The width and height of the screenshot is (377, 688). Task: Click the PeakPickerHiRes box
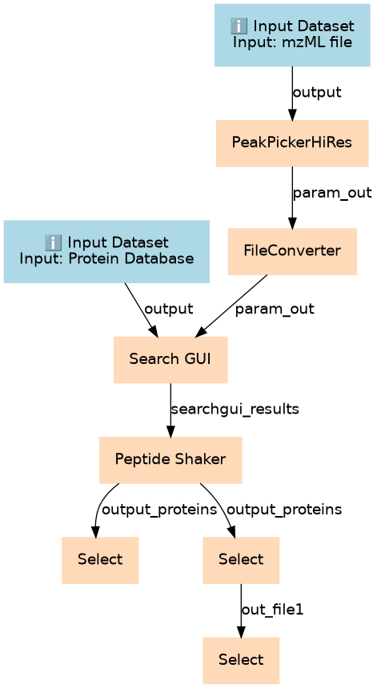click(292, 143)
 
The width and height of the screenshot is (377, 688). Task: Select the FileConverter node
click(292, 251)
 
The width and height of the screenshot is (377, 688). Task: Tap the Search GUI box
click(170, 360)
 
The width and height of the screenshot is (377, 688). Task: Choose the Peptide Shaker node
click(170, 460)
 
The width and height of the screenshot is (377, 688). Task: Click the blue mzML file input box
click(292, 35)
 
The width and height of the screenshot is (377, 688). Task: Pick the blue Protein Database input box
click(106, 251)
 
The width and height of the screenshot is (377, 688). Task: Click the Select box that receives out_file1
click(241, 660)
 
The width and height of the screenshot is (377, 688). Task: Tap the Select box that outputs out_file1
click(241, 560)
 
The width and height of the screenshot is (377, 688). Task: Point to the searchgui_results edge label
click(235, 410)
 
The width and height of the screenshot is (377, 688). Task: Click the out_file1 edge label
click(272, 610)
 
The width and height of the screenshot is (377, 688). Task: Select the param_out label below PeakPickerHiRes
click(332, 193)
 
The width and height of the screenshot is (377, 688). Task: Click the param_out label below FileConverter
click(275, 309)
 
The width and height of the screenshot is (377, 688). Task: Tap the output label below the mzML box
click(317, 93)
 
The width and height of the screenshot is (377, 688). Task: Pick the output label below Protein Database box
click(169, 309)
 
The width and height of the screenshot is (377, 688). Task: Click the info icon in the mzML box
click(239, 26)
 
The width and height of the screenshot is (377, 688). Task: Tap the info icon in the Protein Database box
click(53, 242)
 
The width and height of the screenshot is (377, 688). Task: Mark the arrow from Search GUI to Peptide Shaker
click(170, 410)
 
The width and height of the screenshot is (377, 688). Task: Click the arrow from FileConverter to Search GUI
click(231, 306)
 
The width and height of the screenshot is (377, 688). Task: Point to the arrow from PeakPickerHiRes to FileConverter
click(292, 198)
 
